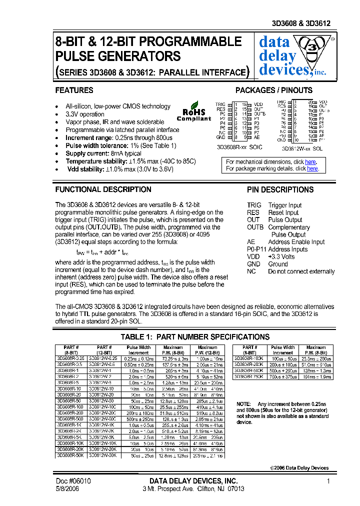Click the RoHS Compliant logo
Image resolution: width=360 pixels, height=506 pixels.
pos(194,113)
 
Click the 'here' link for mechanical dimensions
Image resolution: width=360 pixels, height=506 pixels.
pos(310,162)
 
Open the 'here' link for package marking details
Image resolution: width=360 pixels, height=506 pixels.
pos(312,169)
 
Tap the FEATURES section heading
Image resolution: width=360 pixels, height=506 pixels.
pos(74,90)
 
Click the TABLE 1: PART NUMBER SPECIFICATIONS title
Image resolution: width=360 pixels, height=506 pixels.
pos(195,337)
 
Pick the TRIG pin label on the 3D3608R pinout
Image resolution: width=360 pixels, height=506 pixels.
pos(220,104)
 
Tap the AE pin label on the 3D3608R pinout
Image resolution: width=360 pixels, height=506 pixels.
pos(256,137)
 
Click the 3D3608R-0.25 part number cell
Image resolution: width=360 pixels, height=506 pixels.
pos(70,358)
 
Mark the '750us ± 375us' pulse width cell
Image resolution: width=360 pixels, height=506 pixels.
pos(282,376)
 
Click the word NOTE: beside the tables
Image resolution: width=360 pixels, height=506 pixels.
pos(243,403)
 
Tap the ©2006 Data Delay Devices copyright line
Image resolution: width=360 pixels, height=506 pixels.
pos(299,468)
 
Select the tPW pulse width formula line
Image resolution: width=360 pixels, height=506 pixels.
pos(102,251)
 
